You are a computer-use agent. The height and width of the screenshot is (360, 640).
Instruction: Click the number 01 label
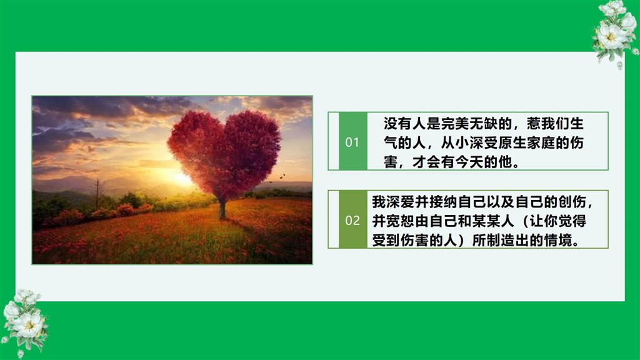point(352,142)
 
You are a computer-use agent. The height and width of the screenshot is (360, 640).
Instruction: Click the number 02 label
point(352,221)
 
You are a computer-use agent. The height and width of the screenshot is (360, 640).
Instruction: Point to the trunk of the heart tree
point(222,209)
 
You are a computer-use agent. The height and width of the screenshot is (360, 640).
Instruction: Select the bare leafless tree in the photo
point(97,193)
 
